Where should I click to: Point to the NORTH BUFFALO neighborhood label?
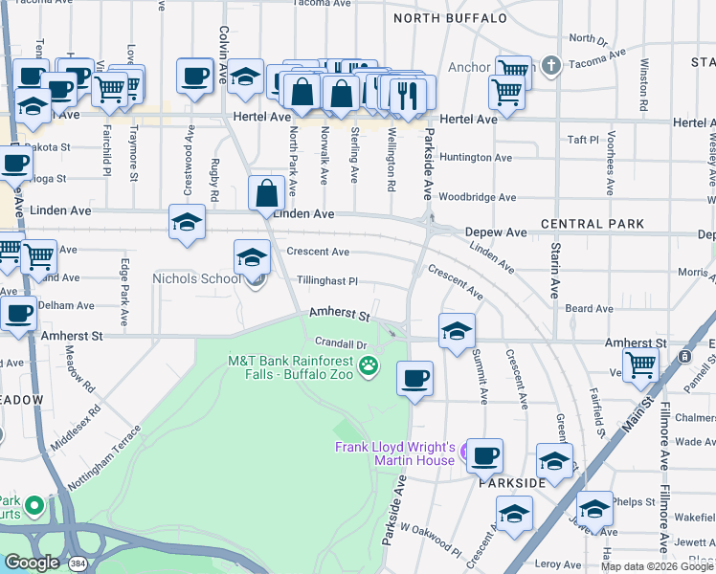[449, 18]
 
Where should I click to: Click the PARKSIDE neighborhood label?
[512, 483]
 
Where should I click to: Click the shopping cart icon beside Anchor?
[513, 69]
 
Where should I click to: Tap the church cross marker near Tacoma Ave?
[550, 66]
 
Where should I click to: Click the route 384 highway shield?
[77, 563]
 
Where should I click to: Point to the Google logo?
[31, 562]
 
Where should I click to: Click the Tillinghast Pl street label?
[326, 281]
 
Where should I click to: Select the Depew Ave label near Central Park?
[496, 232]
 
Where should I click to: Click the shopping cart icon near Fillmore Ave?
[640, 363]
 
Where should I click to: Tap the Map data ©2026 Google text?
[657, 566]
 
